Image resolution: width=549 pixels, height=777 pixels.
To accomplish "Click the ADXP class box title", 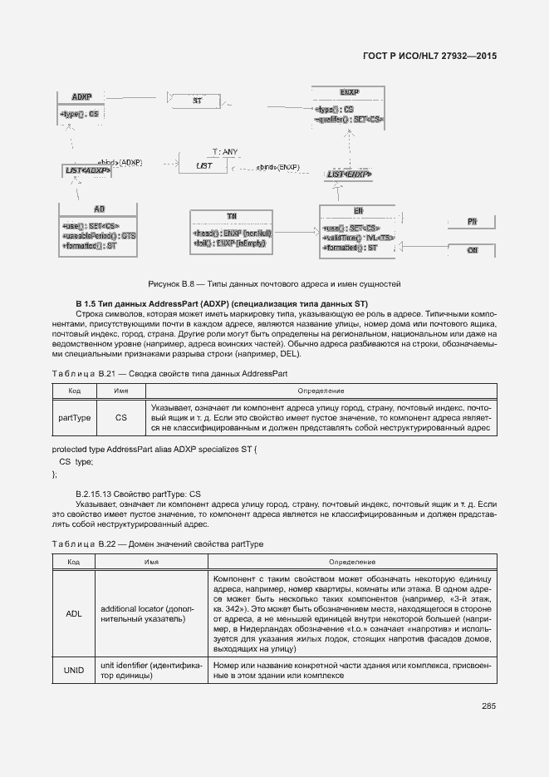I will pos(81,96).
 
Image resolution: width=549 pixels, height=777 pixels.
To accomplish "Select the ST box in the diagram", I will pos(197,100).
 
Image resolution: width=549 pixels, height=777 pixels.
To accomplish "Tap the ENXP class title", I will pos(349,91).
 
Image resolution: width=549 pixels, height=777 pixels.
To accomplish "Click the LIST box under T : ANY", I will pos(204,165).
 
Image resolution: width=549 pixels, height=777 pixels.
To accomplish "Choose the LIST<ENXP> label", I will pos(349,175).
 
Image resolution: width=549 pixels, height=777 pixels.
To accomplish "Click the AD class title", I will pos(100,209).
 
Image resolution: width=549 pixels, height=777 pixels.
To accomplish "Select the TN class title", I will pos(232,216).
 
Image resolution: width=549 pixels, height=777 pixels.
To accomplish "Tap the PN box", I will pos(471,222).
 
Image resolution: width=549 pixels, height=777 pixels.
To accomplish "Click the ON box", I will pos(471,249).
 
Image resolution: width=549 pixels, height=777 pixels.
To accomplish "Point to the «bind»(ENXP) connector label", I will pos(277,166).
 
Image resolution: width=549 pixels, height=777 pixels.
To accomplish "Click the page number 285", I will pos(488,706).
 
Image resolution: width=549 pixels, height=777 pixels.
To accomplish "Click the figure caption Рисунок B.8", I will pos(274,283).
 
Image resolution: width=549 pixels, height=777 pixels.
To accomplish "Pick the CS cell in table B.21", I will pos(120,418).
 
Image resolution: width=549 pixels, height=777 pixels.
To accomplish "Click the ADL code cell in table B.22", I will pos(74,614).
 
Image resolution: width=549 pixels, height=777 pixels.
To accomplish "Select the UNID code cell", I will pos(74,671).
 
